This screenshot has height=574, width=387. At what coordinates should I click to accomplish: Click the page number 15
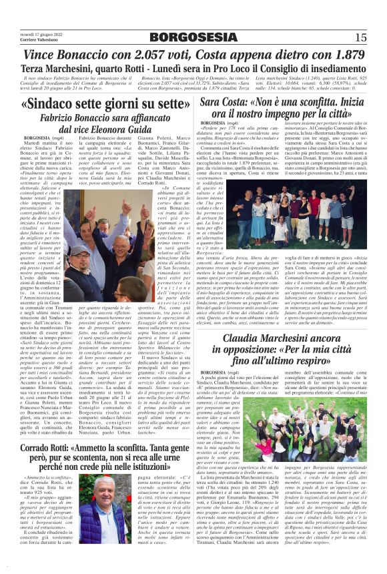(361, 37)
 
